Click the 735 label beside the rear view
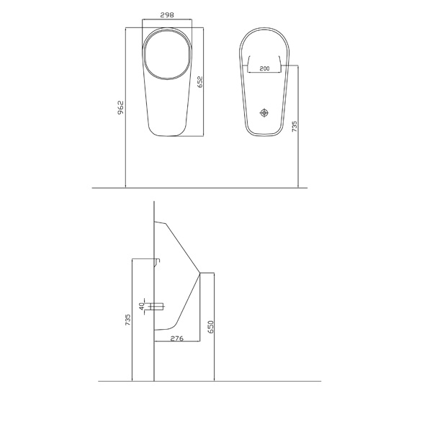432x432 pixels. [x=294, y=128]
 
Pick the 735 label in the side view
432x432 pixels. [x=127, y=320]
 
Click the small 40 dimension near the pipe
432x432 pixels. [x=143, y=305]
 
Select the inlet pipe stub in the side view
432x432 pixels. [x=158, y=305]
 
